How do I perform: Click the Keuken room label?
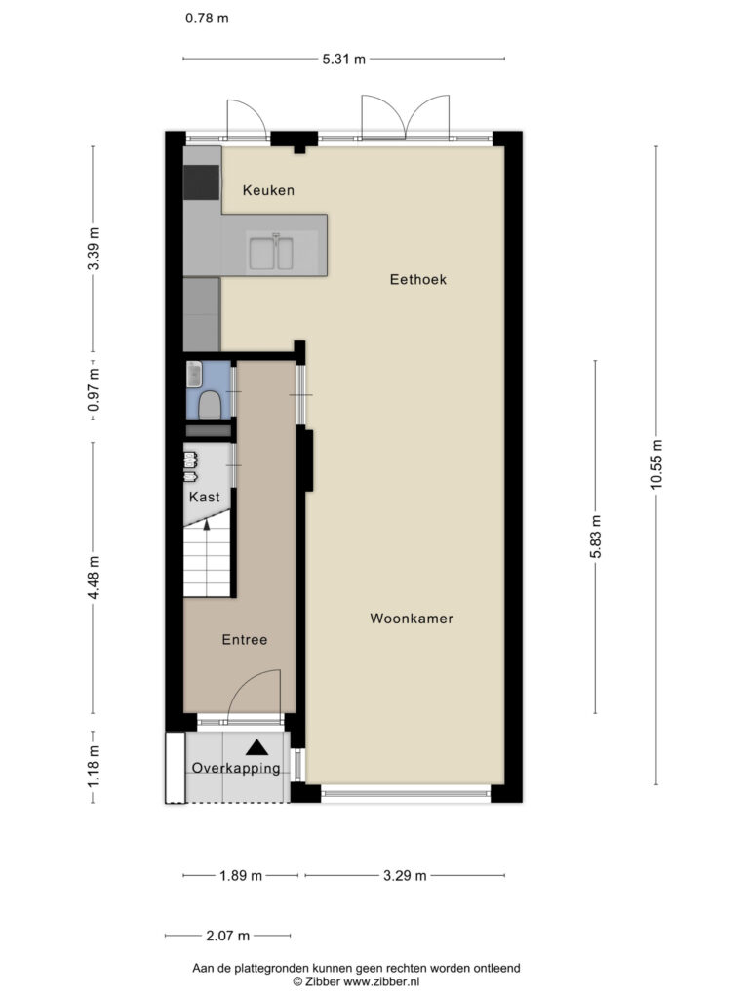click(x=268, y=190)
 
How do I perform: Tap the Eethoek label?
click(x=417, y=279)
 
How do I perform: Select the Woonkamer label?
click(x=412, y=618)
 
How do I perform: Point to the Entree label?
click(x=245, y=640)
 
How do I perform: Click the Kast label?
click(x=205, y=497)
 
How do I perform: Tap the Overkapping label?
click(x=236, y=769)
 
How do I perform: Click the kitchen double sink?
click(x=271, y=253)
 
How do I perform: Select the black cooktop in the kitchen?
click(x=201, y=182)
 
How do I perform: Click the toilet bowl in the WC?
click(x=210, y=405)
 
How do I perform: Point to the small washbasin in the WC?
click(x=194, y=374)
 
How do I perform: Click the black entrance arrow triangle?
click(x=256, y=746)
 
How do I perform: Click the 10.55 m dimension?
click(x=656, y=464)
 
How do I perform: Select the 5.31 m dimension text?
click(x=344, y=60)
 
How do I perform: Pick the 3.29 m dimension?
click(x=405, y=876)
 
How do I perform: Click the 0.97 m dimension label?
click(x=94, y=389)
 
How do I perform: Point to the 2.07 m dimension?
click(x=228, y=936)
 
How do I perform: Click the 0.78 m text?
click(x=207, y=18)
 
